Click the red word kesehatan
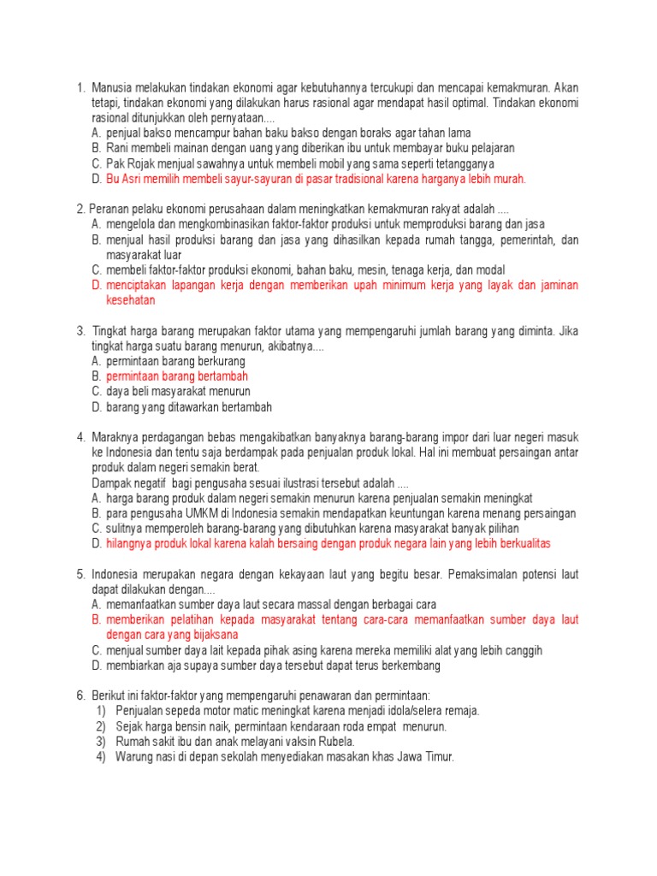pos(130,300)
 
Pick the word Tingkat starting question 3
pos(111,330)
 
